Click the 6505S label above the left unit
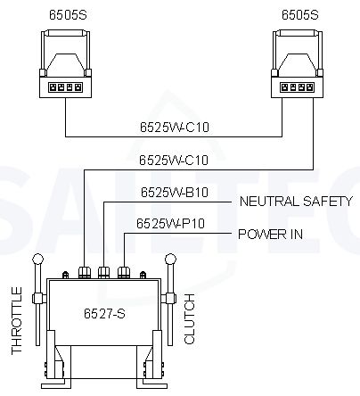[x=68, y=15]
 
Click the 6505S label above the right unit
[x=300, y=15]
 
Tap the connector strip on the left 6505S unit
[x=65, y=87]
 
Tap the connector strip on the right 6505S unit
[x=298, y=87]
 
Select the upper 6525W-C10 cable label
[x=175, y=127]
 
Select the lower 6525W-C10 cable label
[x=174, y=160]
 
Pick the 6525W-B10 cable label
[x=175, y=192]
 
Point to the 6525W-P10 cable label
[x=171, y=223]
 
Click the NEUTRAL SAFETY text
[x=296, y=202]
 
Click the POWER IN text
[x=271, y=235]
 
